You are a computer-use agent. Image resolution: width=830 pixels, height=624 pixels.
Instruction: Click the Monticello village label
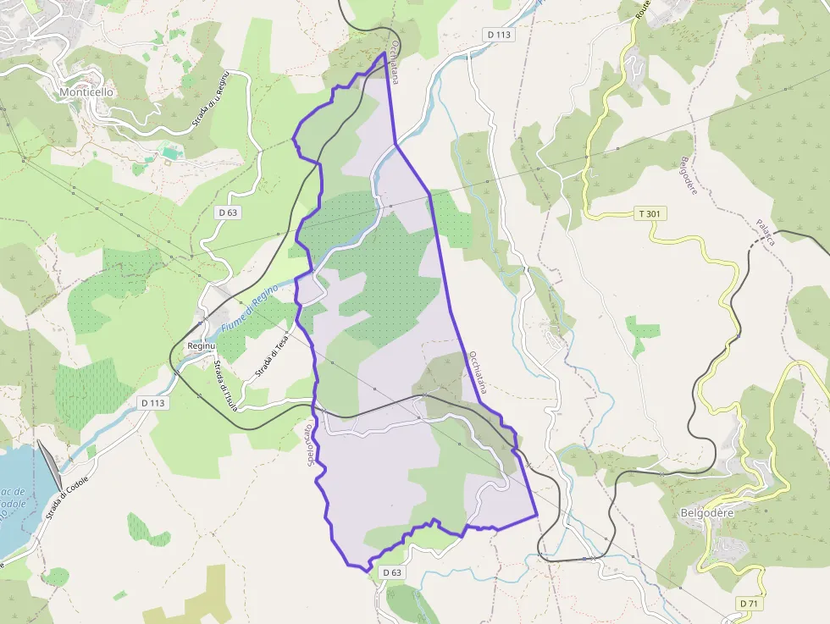pyautogui.click(x=87, y=91)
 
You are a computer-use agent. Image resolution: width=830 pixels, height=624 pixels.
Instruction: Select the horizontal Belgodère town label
pyautogui.click(x=706, y=513)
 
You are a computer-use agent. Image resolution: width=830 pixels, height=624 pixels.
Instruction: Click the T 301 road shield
pyautogui.click(x=648, y=214)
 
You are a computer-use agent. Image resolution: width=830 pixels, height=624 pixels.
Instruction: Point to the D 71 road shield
pyautogui.click(x=748, y=603)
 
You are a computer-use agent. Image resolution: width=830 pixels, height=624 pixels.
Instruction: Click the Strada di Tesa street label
pyautogui.click(x=273, y=355)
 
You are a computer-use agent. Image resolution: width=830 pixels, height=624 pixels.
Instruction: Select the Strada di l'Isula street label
pyautogui.click(x=225, y=386)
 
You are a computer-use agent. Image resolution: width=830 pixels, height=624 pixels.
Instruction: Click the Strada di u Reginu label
pyautogui.click(x=211, y=99)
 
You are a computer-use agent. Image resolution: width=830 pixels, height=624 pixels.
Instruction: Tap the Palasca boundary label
pyautogui.click(x=766, y=232)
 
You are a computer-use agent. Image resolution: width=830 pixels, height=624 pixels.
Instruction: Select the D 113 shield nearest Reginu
pyautogui.click(x=152, y=403)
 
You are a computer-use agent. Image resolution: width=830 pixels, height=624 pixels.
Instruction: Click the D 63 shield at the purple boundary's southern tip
pyautogui.click(x=391, y=572)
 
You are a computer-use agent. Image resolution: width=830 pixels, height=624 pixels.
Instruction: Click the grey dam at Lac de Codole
pyautogui.click(x=50, y=467)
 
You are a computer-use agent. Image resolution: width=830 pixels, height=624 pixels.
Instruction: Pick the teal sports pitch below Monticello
pyautogui.click(x=172, y=153)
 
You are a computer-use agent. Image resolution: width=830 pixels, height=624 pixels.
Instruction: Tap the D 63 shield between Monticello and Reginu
pyautogui.click(x=227, y=213)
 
